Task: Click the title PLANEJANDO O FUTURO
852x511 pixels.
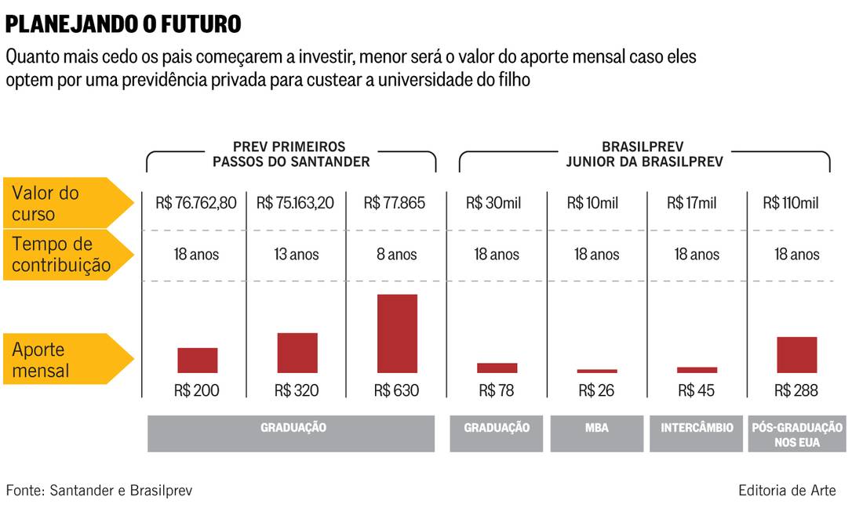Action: click(123, 24)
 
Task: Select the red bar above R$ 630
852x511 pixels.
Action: click(397, 333)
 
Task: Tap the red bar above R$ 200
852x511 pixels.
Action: click(197, 360)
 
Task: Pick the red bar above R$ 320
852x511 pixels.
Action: click(297, 353)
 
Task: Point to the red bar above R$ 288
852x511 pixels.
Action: click(796, 354)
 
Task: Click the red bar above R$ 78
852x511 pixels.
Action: click(497, 368)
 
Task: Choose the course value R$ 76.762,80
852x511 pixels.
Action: click(196, 203)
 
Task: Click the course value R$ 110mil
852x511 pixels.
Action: click(791, 203)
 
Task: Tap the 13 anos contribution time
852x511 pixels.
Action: click(295, 255)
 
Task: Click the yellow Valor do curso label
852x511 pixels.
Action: click(59, 203)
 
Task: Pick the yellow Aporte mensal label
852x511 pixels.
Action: click(59, 360)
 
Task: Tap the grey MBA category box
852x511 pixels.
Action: click(597, 433)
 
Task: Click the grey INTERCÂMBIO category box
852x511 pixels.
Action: click(697, 433)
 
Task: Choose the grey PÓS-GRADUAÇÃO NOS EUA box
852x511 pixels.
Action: click(797, 433)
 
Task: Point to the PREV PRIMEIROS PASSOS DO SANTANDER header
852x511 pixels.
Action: click(289, 154)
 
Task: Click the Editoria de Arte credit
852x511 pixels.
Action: click(787, 491)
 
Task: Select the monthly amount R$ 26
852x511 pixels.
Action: click(596, 390)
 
